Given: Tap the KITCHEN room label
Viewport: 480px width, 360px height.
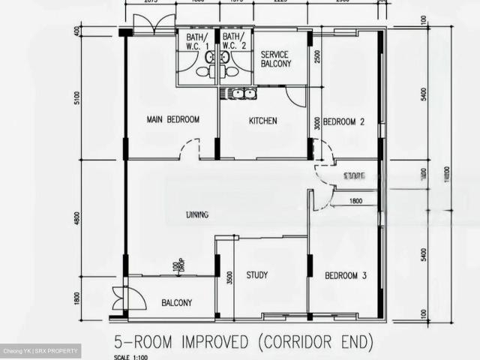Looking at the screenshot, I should (x=262, y=121).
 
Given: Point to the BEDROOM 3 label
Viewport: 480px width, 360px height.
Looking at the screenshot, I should (x=345, y=277).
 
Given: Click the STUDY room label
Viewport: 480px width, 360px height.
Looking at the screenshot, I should (x=257, y=275).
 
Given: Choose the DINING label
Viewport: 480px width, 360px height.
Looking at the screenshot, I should (x=198, y=215).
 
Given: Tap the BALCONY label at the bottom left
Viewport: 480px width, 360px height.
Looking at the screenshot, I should (x=177, y=303).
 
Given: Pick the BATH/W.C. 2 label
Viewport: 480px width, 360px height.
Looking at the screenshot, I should (x=234, y=41).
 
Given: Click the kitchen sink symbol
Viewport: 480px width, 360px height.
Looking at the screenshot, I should (x=238, y=94).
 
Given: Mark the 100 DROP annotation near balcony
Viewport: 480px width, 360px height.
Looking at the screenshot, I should (x=176, y=266).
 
